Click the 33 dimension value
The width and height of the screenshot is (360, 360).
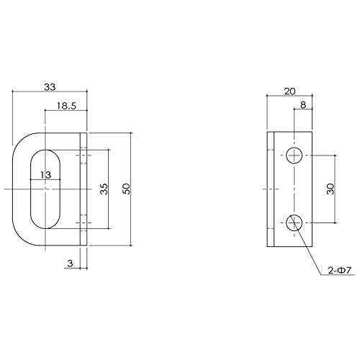point(50,87)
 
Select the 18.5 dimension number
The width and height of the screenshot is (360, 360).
point(66,106)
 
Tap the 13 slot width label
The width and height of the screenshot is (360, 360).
point(45,175)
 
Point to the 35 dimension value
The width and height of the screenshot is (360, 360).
point(104,189)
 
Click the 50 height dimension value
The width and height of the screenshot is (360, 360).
point(126,189)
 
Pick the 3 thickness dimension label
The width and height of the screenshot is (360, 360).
point(70,264)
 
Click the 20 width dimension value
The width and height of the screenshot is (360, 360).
point(290,91)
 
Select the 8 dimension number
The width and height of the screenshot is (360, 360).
point(303,105)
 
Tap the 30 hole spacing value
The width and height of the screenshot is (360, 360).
point(330,189)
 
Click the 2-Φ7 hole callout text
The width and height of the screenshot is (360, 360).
point(340,271)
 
